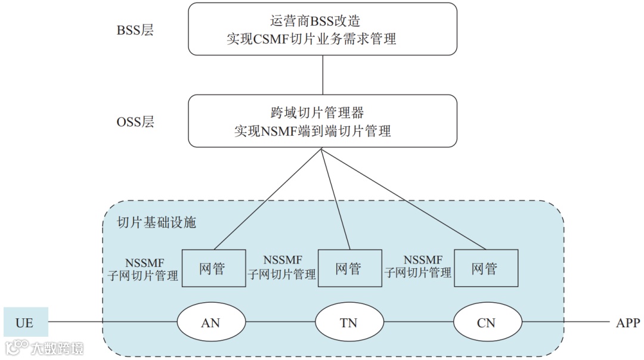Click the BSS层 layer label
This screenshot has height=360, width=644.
[135, 30]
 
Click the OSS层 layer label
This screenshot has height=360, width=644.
[135, 122]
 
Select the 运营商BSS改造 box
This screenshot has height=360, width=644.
[323, 29]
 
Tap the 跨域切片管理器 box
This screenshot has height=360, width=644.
[323, 121]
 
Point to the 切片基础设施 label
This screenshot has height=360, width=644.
[157, 223]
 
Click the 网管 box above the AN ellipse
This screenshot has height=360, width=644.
[212, 268]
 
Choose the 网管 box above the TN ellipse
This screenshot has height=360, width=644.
[348, 268]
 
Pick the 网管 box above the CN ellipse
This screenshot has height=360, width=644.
[485, 268]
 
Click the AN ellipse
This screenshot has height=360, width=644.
[211, 322]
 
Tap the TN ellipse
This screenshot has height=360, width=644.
[349, 322]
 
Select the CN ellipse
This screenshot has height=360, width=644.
[487, 322]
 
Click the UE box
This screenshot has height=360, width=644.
[25, 323]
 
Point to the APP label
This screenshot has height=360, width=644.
[627, 323]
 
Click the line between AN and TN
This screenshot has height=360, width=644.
[280, 322]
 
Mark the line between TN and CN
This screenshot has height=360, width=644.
[418, 322]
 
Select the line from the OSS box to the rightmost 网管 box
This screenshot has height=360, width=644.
[405, 200]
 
